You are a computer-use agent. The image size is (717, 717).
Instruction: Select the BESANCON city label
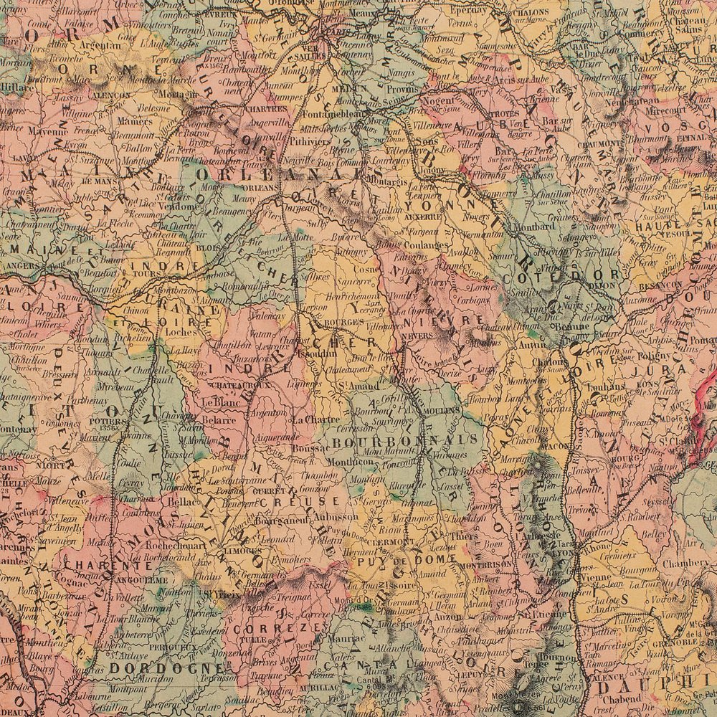coord(660,285)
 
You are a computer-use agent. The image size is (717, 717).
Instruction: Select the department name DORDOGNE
coord(146,667)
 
